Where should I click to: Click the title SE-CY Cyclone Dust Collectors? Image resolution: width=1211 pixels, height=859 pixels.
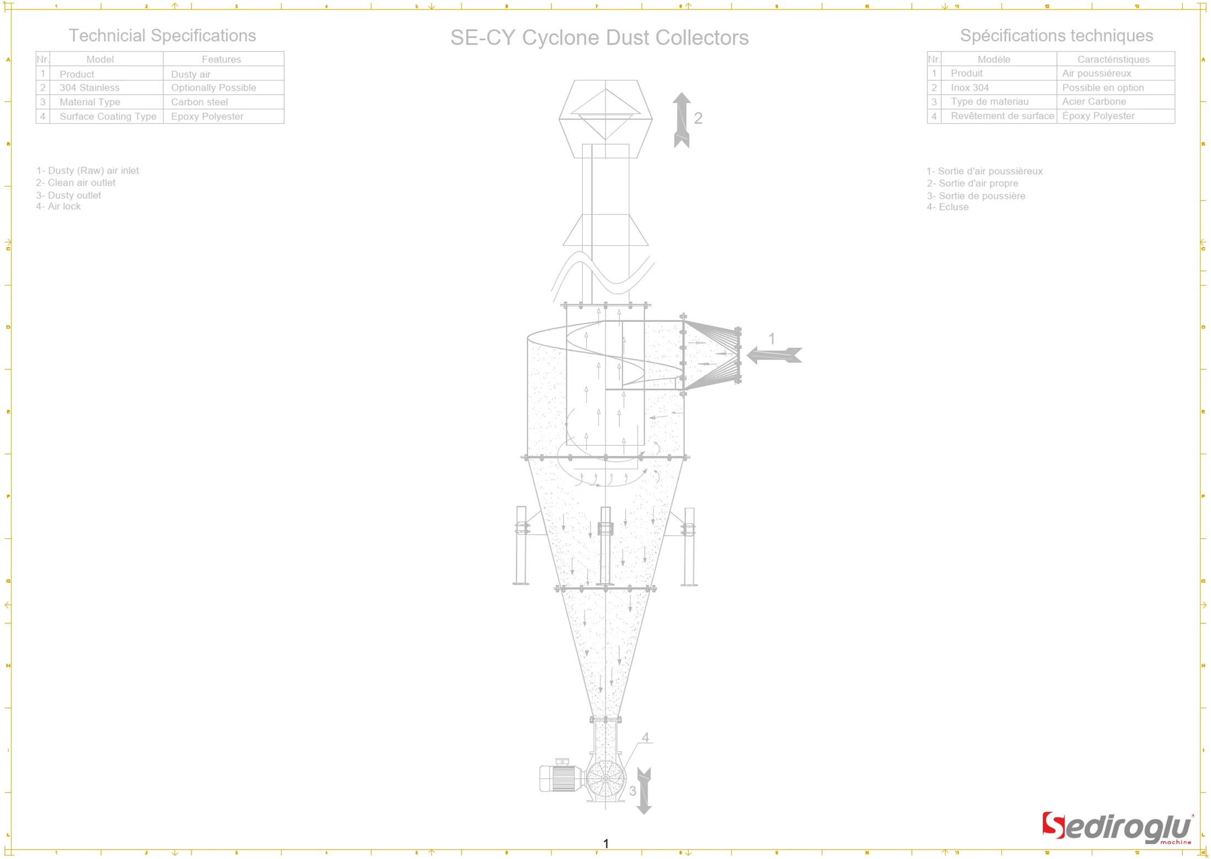click(599, 38)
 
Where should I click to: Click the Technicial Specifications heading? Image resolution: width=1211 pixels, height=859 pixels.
click(162, 35)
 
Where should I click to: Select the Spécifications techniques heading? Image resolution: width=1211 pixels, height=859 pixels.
click(1056, 35)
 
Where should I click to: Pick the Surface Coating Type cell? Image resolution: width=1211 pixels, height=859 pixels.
click(108, 116)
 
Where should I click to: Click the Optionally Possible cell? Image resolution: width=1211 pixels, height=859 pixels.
click(213, 88)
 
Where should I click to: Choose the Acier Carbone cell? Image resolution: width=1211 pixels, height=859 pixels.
click(1093, 102)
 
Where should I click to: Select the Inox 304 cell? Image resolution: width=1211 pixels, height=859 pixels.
click(969, 88)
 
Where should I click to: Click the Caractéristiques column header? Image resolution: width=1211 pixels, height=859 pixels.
click(1113, 59)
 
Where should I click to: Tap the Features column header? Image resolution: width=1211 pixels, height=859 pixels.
click(221, 59)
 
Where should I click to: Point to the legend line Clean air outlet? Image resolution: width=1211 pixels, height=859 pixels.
click(76, 183)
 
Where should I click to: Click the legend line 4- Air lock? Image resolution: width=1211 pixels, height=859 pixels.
click(58, 206)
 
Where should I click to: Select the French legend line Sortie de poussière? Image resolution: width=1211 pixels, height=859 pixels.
click(975, 196)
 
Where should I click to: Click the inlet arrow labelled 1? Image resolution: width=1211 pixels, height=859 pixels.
click(774, 355)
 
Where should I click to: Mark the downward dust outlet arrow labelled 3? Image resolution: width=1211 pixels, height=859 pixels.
click(644, 791)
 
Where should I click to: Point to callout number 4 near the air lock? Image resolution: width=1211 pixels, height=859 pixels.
click(645, 738)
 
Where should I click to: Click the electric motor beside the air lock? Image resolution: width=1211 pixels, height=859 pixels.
click(561, 778)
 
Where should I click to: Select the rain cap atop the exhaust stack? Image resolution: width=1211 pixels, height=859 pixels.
click(605, 119)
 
